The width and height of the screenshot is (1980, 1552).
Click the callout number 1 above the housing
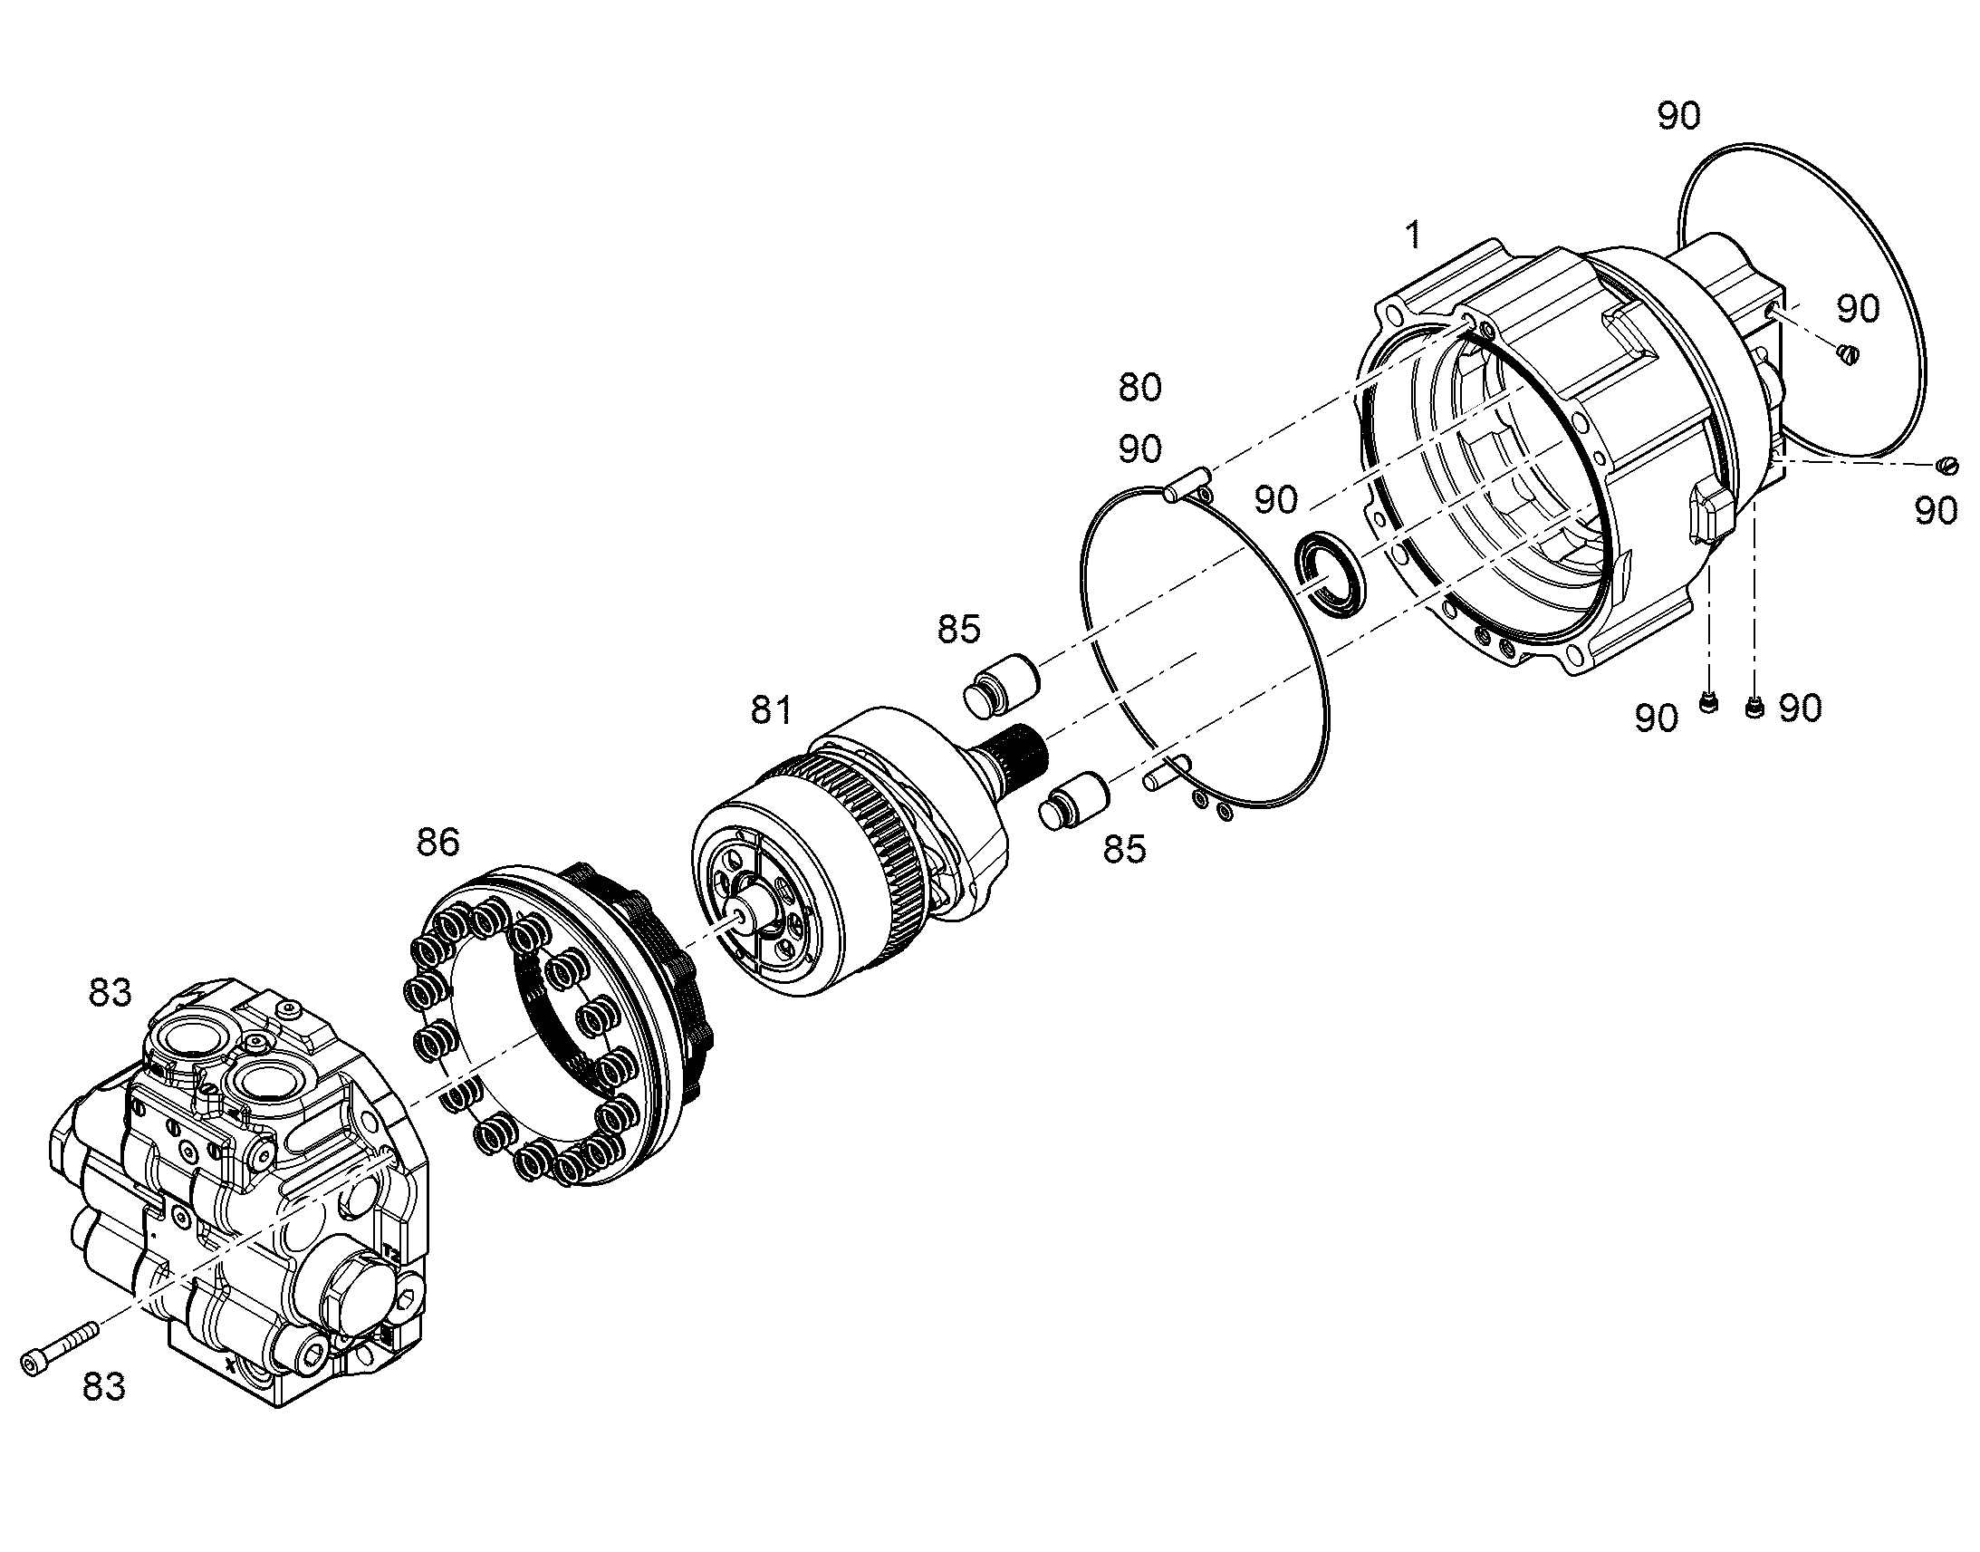1413,235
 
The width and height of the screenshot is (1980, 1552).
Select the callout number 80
1139,387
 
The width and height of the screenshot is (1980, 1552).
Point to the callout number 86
437,842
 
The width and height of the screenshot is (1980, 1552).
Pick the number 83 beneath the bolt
103,1412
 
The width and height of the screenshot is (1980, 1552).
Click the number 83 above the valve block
110,992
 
